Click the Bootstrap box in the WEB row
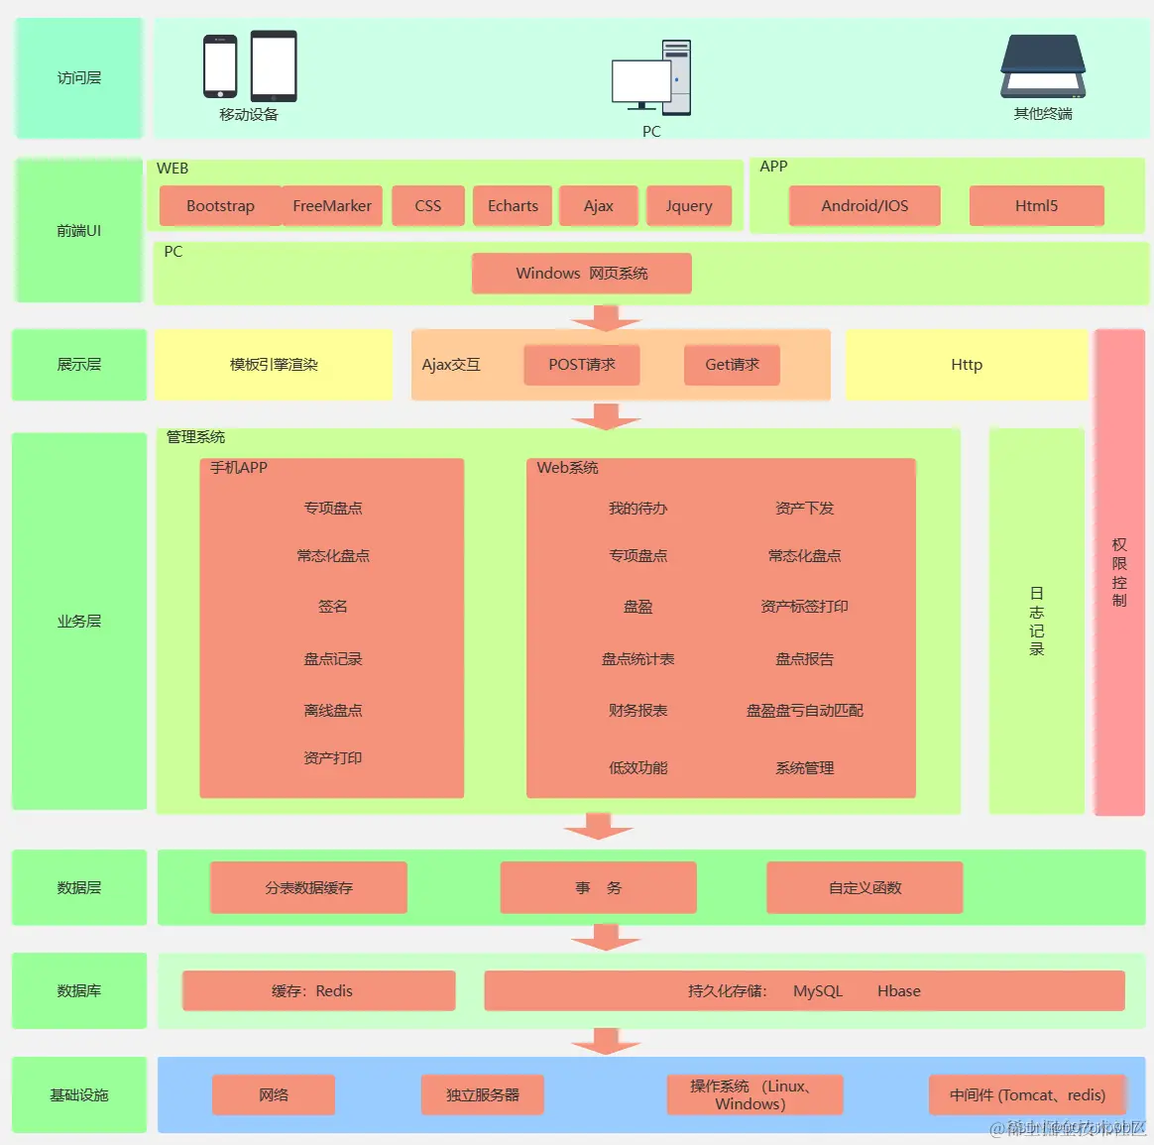coord(220,206)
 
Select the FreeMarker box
coord(332,206)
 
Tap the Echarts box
coord(513,206)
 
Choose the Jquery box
coord(689,206)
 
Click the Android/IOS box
coord(865,206)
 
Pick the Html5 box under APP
coord(1036,206)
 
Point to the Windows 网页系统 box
coord(582,274)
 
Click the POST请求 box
coord(582,365)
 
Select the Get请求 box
coord(732,365)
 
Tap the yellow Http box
coord(967,365)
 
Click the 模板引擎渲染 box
coord(274,365)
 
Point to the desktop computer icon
coord(650,77)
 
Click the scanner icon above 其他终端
coord(1043,66)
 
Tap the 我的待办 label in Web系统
coord(637,509)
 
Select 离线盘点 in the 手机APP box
coord(333,711)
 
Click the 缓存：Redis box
coord(318,991)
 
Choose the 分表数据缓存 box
coord(308,888)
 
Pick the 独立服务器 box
coord(483,1095)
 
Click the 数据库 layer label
coord(79,991)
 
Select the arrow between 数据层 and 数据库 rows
coord(606,937)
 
